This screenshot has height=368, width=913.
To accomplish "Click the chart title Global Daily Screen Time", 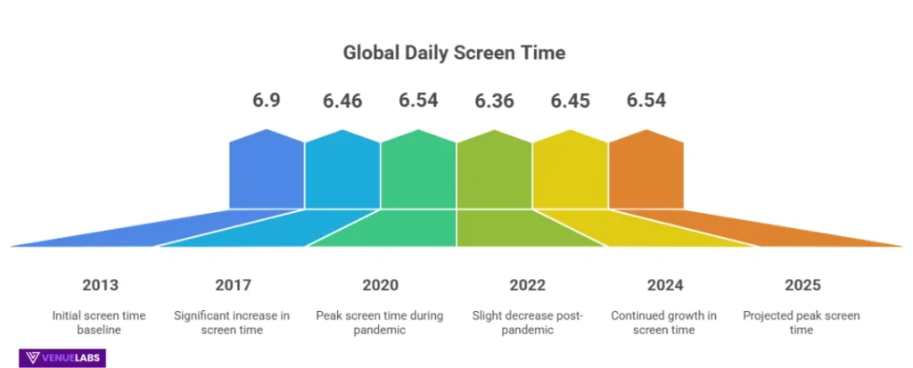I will (454, 53).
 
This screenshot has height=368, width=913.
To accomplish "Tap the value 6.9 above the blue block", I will (267, 101).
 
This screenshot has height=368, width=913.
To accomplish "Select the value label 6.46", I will (342, 101).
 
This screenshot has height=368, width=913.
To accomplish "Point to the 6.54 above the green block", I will (418, 101).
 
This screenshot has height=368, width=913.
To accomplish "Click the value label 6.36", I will (494, 101).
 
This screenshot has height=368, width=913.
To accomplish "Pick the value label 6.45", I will (570, 101).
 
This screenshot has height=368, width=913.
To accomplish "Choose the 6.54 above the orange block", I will (646, 101).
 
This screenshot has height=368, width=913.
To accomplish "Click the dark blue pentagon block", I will (267, 171).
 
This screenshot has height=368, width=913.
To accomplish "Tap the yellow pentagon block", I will (570, 171).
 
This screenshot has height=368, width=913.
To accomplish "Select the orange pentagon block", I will (646, 171).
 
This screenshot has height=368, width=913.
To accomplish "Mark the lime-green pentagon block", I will (494, 171).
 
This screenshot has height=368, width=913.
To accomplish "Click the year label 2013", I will (100, 285).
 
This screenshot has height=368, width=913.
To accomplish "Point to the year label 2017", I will (233, 285).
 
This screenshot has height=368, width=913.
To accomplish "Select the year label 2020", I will (380, 285).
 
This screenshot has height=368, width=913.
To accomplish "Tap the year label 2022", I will (528, 285).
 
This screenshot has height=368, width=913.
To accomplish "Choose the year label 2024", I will (665, 285).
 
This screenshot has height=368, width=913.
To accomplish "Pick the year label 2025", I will (802, 285).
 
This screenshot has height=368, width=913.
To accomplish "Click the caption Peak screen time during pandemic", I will (380, 323).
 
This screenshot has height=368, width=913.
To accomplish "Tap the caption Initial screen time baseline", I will (100, 323).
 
